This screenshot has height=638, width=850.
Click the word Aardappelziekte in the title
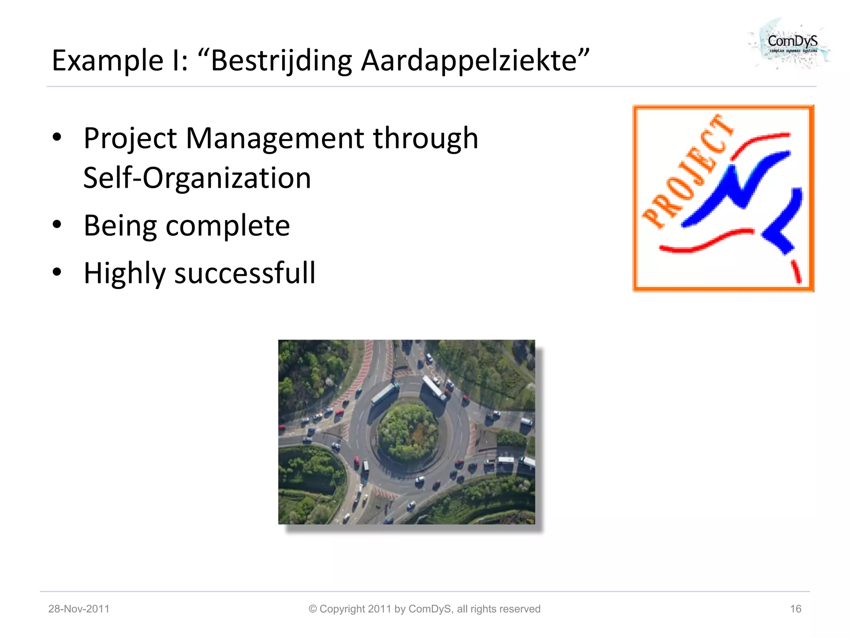pyautogui.click(x=469, y=61)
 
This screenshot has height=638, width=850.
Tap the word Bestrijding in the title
pyautogui.click(x=281, y=61)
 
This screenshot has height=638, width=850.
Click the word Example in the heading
pyautogui.click(x=107, y=61)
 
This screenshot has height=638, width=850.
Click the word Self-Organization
pyautogui.click(x=197, y=178)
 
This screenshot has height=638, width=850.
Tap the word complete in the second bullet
pyautogui.click(x=227, y=226)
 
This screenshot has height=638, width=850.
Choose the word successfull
pyautogui.click(x=245, y=273)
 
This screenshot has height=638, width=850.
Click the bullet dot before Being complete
pyautogui.click(x=57, y=225)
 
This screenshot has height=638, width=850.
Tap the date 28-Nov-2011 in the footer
pyautogui.click(x=79, y=609)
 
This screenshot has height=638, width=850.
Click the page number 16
pyautogui.click(x=795, y=609)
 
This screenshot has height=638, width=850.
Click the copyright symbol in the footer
pyautogui.click(x=313, y=609)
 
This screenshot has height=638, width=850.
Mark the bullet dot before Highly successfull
pyautogui.click(x=57, y=272)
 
